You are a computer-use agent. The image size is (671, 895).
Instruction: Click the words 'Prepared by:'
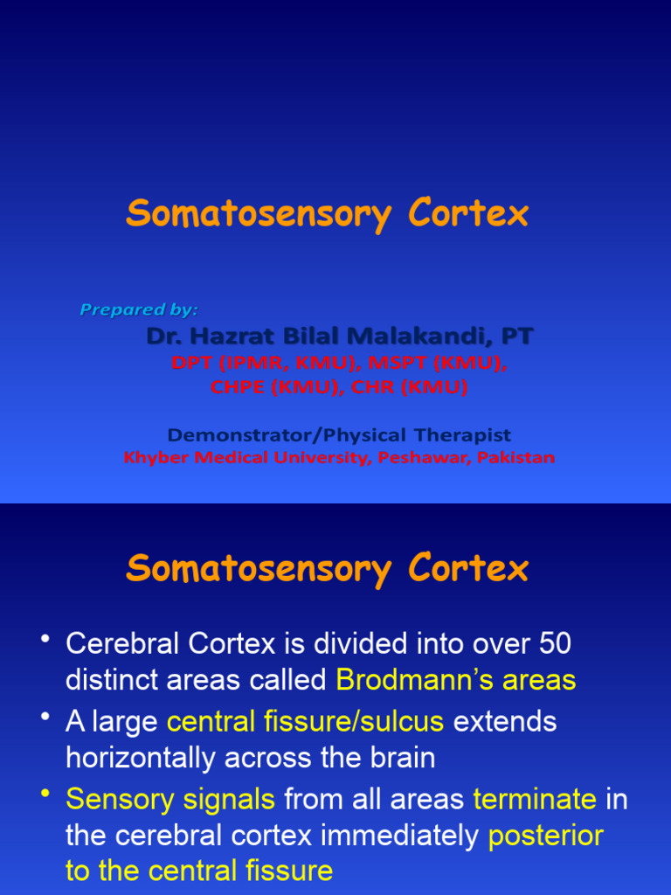[x=139, y=309]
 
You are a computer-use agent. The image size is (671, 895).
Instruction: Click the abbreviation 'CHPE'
[x=239, y=387]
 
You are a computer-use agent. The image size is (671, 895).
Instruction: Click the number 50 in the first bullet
[x=554, y=644]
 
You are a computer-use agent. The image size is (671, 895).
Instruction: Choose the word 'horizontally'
[x=141, y=757]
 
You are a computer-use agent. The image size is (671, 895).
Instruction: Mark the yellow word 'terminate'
[x=535, y=800]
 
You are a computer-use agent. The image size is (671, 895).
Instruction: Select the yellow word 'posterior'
[x=545, y=836]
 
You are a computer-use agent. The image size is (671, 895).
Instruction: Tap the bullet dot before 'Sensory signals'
[x=44, y=794]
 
